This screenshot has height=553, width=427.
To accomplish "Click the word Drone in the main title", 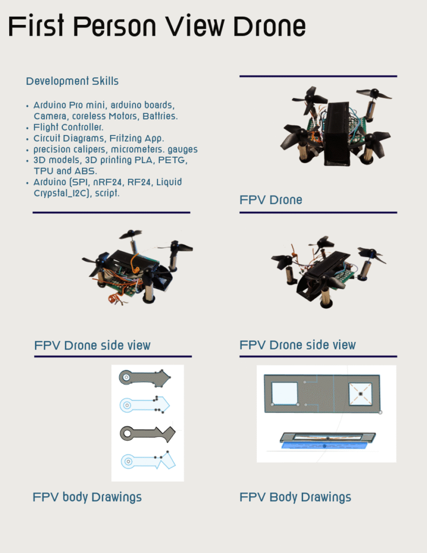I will (x=265, y=26).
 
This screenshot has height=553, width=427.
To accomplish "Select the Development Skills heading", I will (x=72, y=82).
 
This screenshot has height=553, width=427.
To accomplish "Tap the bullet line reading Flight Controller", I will (x=69, y=127).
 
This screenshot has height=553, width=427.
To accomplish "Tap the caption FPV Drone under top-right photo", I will (x=270, y=200).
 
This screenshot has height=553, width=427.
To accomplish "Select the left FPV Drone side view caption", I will (x=92, y=345).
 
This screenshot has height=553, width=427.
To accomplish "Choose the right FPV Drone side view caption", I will (x=297, y=345).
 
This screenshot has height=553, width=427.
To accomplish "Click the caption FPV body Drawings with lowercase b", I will (x=87, y=497).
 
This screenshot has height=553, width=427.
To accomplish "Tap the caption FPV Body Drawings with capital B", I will (x=295, y=497).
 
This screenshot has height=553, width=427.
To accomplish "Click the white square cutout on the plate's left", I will (x=284, y=393).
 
